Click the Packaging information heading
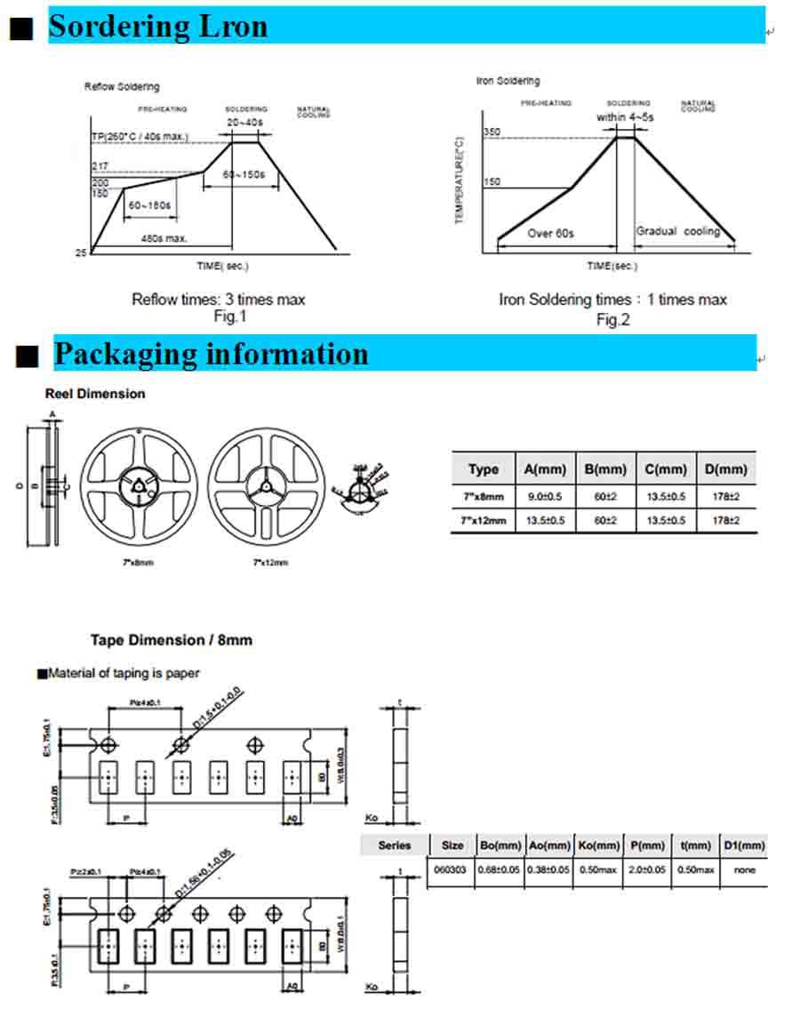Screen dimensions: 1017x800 point(211,354)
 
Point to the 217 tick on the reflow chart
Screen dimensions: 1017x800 point(99,166)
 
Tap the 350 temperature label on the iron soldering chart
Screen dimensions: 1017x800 point(492,132)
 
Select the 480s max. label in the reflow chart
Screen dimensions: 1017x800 point(164,238)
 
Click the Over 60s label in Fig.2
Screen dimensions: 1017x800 point(551,234)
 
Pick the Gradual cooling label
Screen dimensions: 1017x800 point(677,231)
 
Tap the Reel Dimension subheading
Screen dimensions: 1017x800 point(95,394)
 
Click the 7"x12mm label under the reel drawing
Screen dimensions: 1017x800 point(270,563)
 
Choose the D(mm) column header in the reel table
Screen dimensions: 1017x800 point(725,469)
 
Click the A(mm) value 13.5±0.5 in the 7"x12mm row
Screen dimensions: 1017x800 point(542,520)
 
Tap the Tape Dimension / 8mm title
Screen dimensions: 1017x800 point(172,640)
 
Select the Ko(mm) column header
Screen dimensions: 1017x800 point(598,845)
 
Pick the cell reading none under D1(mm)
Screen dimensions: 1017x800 point(745,869)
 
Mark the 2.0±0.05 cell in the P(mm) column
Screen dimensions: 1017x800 point(646,869)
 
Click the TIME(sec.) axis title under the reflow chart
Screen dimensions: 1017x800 point(223,266)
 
